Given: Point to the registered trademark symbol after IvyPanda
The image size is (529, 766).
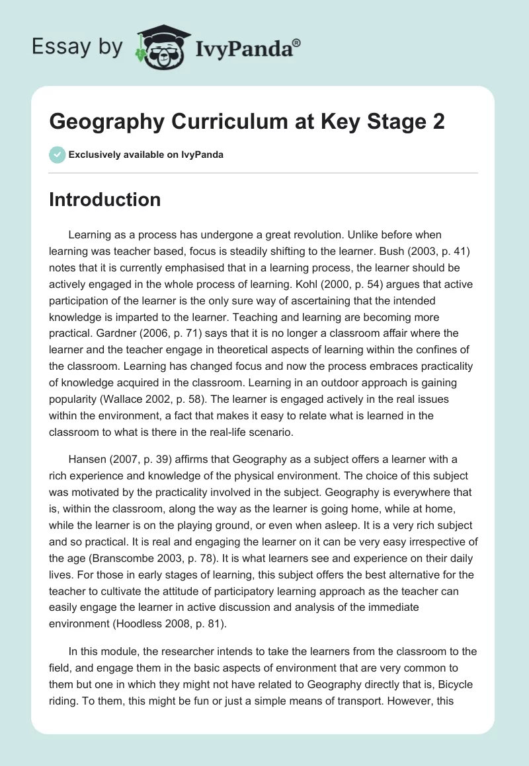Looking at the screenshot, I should coord(296,42).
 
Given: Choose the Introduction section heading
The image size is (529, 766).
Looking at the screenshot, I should coord(104,199).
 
